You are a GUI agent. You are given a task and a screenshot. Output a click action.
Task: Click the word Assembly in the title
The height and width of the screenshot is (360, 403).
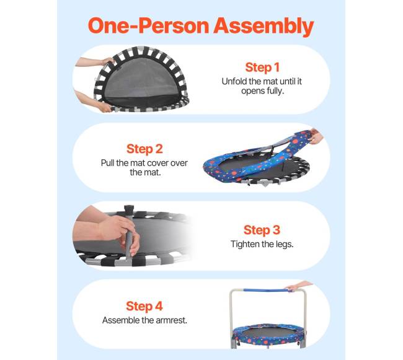point(263,27)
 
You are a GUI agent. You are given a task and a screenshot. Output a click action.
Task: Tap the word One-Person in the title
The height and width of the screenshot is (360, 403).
point(148,25)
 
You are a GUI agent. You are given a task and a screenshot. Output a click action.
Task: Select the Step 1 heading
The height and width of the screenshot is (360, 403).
point(262,68)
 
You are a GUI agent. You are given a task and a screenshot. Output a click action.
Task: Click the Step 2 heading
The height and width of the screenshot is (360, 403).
point(144,149)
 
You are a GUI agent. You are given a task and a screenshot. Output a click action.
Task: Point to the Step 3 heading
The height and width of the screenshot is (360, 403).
point(262,230)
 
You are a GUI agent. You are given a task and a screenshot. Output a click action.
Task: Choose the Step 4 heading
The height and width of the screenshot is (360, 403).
point(144,306)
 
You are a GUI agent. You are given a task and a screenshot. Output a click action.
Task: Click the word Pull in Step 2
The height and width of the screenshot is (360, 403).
point(107,163)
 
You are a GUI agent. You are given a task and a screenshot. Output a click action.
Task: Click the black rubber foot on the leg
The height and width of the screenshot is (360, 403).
point(129,209)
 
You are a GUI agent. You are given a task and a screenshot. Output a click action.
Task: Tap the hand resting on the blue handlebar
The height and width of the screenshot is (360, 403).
point(298,286)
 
